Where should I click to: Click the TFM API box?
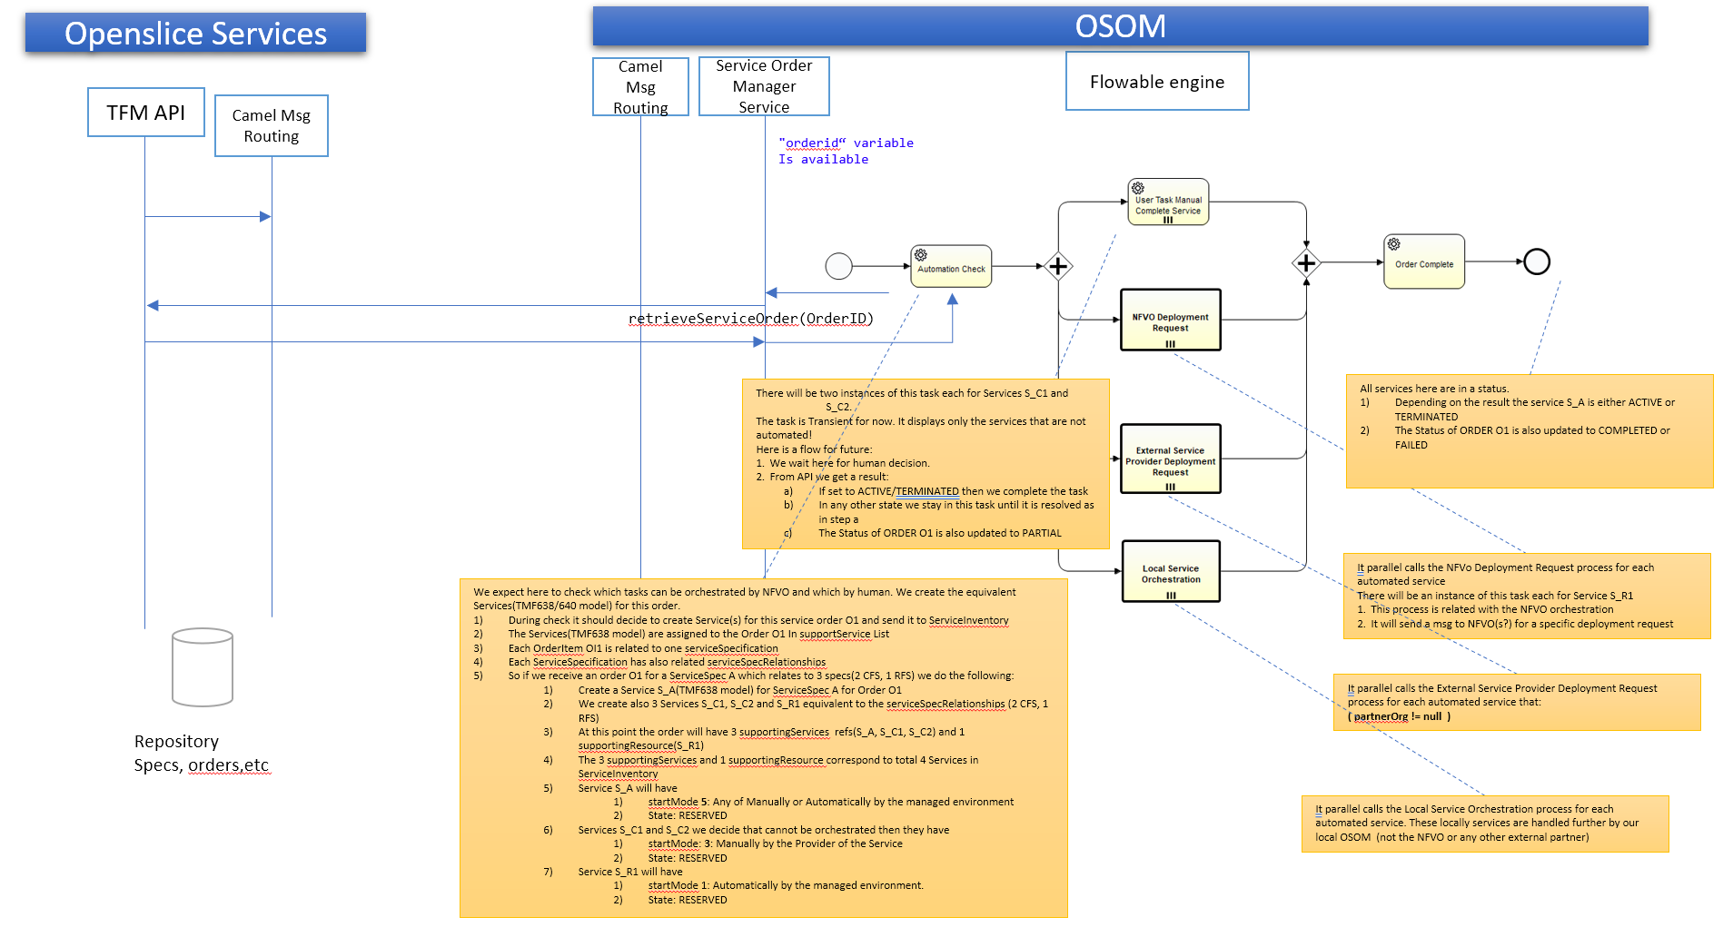[145, 113]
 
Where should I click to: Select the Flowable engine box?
[1156, 82]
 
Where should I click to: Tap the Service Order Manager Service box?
[763, 86]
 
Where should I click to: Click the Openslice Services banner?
[195, 34]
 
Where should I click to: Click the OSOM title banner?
[1119, 26]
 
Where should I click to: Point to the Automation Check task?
[950, 267]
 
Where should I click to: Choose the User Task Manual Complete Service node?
[1167, 202]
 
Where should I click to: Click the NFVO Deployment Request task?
[1170, 321]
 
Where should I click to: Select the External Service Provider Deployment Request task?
[1170, 459]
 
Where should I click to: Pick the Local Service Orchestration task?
[1170, 572]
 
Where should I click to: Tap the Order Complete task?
[1423, 262]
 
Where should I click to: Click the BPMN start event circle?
[838, 266]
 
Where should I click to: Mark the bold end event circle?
[1536, 261]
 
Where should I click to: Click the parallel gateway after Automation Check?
[1058, 266]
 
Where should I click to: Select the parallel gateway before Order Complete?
[1305, 263]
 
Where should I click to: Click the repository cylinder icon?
[203, 666]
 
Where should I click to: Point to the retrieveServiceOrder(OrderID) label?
[750, 319]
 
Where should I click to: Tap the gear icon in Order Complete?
[1393, 244]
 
